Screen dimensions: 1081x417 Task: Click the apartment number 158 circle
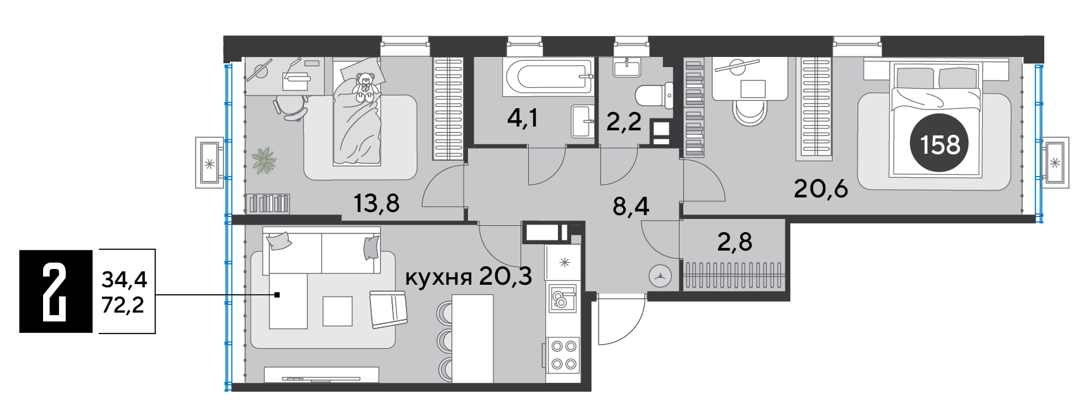939,143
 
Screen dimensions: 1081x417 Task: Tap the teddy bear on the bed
365,87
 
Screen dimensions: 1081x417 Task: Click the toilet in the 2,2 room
654,96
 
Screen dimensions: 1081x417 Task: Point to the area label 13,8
376,203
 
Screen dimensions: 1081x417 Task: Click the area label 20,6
821,189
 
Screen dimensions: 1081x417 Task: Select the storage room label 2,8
735,242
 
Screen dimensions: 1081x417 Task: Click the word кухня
438,278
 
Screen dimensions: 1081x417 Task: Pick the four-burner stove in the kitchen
564,355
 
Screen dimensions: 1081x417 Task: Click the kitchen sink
562,298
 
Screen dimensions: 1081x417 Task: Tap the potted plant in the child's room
264,161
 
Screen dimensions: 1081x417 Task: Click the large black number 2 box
56,291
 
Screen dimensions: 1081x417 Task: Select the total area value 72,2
123,305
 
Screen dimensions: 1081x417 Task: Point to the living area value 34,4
124,279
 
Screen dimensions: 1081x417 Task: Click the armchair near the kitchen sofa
388,309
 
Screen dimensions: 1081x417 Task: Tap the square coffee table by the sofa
338,311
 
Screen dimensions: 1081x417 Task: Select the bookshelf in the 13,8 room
269,203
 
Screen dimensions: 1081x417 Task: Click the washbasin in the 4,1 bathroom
583,121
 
